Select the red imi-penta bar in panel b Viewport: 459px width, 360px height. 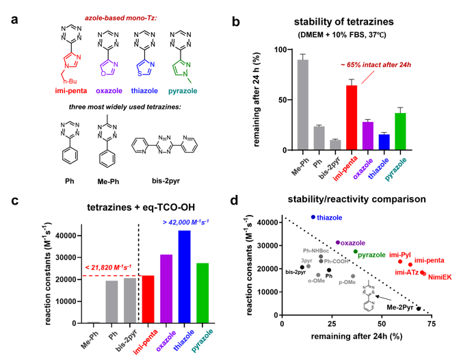point(352,118)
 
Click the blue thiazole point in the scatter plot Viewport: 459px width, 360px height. point(313,217)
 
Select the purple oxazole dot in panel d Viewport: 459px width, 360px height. point(338,242)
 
